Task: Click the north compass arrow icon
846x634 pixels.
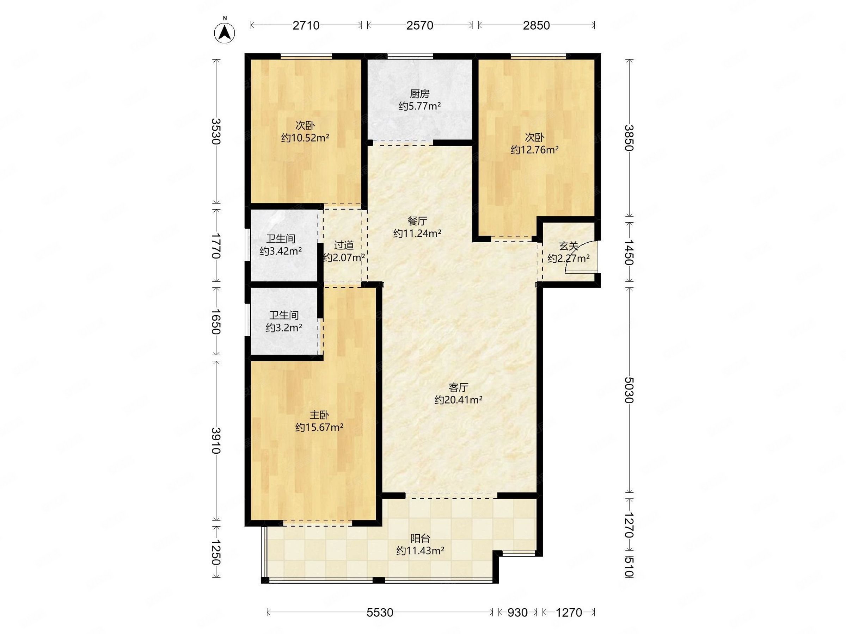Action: (x=225, y=32)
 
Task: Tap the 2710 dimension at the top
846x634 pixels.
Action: (x=306, y=25)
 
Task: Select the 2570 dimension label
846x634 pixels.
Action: (x=420, y=25)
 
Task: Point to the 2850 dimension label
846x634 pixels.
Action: (x=536, y=25)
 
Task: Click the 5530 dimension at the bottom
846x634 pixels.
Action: (x=380, y=613)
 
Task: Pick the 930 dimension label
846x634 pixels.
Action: (x=517, y=613)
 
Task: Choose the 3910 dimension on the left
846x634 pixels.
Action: (x=216, y=440)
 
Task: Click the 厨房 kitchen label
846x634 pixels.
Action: (x=419, y=94)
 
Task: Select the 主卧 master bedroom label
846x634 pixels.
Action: (x=319, y=415)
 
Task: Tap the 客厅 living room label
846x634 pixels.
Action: (x=458, y=387)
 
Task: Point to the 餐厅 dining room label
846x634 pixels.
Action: (x=417, y=221)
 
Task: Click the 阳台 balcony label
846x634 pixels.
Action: (x=420, y=539)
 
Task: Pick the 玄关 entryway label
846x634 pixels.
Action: (x=568, y=246)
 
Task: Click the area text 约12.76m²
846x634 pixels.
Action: (x=534, y=150)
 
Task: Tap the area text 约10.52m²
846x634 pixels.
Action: (x=305, y=138)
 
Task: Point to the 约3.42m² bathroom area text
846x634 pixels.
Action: (x=281, y=251)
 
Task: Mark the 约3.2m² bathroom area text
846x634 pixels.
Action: (x=284, y=328)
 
